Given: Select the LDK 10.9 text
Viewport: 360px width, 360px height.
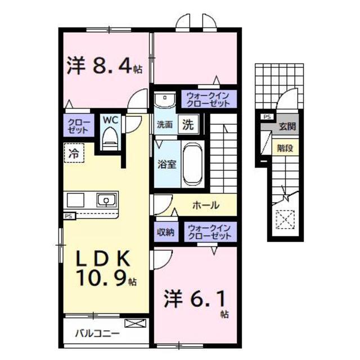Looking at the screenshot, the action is pyautogui.click(x=106, y=268).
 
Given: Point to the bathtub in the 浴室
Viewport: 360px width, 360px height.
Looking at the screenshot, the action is pyautogui.click(x=193, y=164).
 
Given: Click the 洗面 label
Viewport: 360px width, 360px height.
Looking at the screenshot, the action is pyautogui.click(x=165, y=125).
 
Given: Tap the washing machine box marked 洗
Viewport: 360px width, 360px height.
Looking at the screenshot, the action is pyautogui.click(x=188, y=124).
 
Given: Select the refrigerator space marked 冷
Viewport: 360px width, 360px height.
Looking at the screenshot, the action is pyautogui.click(x=74, y=153).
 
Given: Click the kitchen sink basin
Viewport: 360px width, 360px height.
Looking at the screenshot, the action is pyautogui.click(x=106, y=200).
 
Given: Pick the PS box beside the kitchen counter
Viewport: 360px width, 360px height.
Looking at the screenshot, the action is pyautogui.click(x=69, y=216).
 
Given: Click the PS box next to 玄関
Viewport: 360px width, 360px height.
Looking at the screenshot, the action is pyautogui.click(x=267, y=117).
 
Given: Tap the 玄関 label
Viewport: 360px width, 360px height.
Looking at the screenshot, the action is pyautogui.click(x=287, y=126).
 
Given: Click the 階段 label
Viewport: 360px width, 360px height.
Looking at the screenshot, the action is pyautogui.click(x=285, y=148).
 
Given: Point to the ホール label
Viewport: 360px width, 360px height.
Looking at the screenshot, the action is pyautogui.click(x=206, y=205).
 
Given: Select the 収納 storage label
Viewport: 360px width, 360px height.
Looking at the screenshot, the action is pyautogui.click(x=166, y=232).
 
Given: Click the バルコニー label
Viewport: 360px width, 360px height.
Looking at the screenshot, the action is pyautogui.click(x=97, y=333).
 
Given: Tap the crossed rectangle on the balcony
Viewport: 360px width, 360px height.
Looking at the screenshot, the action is pyautogui.click(x=135, y=323).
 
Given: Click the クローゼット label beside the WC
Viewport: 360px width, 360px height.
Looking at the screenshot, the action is pyautogui.click(x=79, y=126).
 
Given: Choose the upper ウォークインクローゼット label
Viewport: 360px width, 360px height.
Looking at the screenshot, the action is pyautogui.click(x=208, y=100).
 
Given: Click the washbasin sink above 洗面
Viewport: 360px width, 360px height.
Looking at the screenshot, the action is pyautogui.click(x=165, y=100).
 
